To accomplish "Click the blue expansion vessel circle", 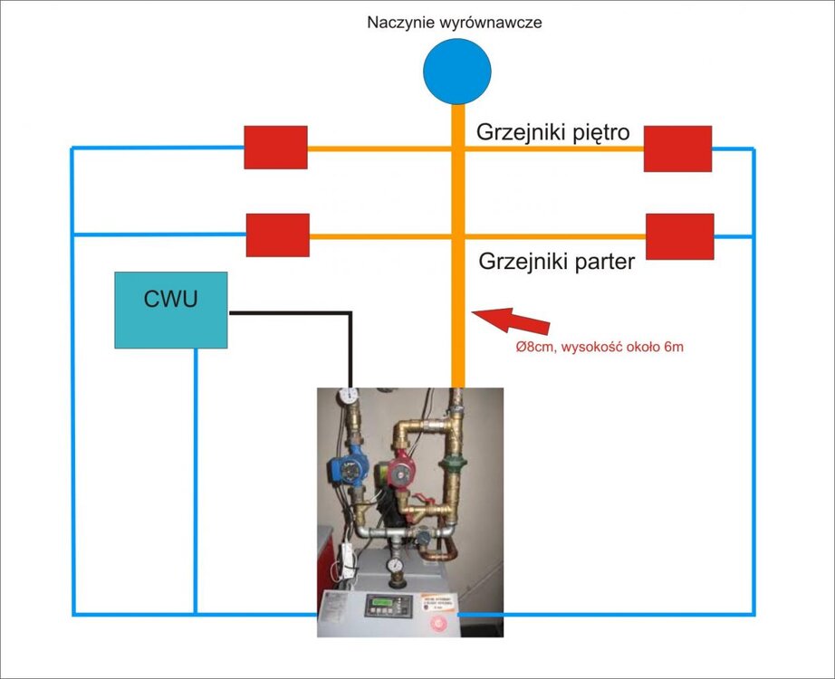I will point(457,70).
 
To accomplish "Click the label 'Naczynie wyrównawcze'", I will point(455,22).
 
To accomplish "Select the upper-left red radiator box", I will point(275,148).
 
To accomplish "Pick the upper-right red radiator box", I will point(677,148).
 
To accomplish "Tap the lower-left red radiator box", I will point(278,235).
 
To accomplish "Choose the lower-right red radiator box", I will point(679,236).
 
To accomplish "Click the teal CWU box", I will point(170,310).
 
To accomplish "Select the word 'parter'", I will point(604,263).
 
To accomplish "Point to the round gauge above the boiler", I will point(394,565).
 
